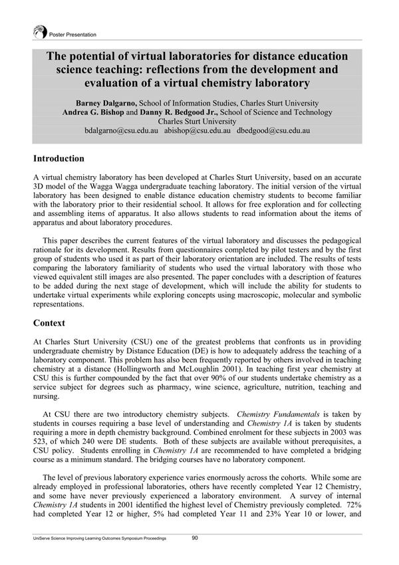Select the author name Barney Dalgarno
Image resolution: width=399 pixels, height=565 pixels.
pyautogui.click(x=108, y=103)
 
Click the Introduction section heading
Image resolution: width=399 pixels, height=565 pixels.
pyautogui.click(x=59, y=159)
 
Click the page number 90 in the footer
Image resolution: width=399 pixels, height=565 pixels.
pyautogui.click(x=196, y=538)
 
